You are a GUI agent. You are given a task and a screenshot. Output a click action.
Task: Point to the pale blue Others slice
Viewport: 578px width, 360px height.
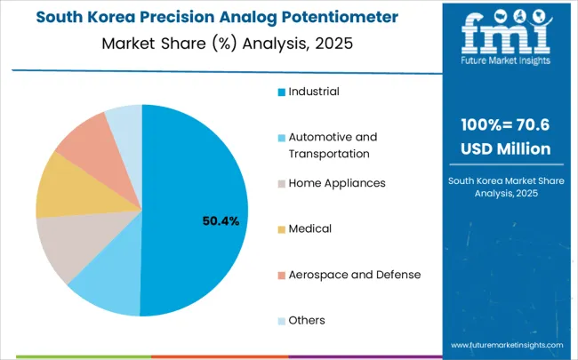point(125,120)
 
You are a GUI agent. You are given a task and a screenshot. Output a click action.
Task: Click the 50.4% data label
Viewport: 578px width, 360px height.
point(221,220)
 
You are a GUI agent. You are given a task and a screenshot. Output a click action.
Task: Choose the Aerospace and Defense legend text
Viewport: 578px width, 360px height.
point(354,274)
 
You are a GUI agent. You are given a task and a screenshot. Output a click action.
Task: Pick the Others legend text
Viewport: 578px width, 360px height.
point(307,320)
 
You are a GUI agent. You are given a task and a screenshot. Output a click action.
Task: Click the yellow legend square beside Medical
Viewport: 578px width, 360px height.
point(281,229)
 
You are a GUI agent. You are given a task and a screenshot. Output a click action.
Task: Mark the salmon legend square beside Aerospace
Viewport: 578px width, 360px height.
point(281,275)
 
